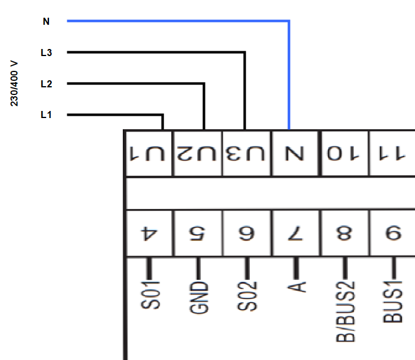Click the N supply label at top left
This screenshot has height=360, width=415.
pos(46,21)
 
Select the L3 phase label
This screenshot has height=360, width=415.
pos(46,53)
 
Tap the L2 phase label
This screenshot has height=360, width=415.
pos(46,84)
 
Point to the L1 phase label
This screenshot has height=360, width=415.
pos(46,115)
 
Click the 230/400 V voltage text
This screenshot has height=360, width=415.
pos(14,83)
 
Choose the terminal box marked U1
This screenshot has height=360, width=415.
pos(149,153)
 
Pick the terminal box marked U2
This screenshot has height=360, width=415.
pos(198,153)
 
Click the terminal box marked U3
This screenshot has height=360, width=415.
pos(247,153)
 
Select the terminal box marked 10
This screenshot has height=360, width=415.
pos(345,153)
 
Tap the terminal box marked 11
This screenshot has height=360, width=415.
pos(392,153)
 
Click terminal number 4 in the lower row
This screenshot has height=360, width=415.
pos(149,233)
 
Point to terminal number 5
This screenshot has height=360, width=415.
pos(197,233)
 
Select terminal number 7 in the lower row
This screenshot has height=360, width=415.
pos(295,233)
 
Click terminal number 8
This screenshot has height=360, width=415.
pos(344,233)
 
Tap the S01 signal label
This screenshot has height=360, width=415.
pos(151,295)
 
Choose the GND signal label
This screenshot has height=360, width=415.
pos(199,297)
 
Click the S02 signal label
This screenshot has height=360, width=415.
pos(247,296)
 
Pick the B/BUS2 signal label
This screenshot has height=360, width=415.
pos(345,312)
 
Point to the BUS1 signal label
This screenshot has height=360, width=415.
pos(393,302)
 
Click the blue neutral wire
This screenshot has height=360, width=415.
pos(289,21)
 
